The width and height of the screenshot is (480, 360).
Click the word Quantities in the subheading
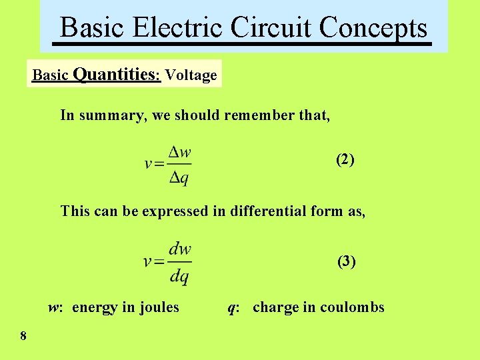[116, 74]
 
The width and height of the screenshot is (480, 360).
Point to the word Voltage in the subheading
[191, 75]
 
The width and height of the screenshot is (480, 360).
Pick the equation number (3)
[347, 261]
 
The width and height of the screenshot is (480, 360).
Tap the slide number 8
[23, 336]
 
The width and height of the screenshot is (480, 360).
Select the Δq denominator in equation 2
[180, 177]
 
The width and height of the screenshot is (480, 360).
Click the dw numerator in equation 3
[180, 250]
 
